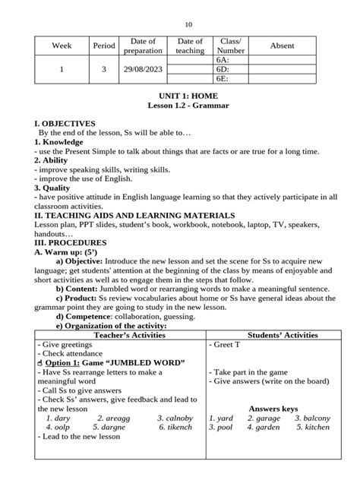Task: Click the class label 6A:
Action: click(x=223, y=58)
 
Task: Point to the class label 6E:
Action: click(x=223, y=77)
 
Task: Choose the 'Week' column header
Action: click(x=60, y=46)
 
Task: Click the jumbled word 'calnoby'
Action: click(x=176, y=418)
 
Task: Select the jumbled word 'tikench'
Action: click(x=175, y=427)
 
